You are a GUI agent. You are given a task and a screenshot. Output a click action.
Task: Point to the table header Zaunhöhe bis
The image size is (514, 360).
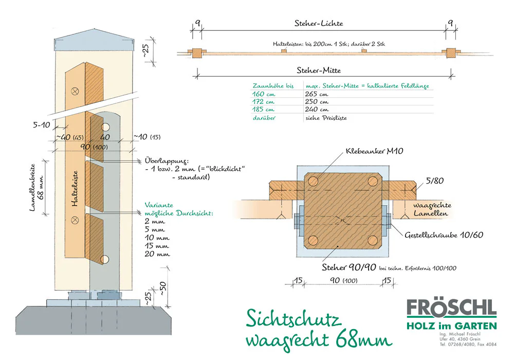[x=272, y=85]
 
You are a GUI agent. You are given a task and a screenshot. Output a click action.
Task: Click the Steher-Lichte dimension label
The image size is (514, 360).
[x=319, y=23]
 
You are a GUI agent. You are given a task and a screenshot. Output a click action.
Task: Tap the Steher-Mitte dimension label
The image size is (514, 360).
[x=319, y=69]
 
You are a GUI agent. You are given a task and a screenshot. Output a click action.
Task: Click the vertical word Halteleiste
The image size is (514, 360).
[x=75, y=189]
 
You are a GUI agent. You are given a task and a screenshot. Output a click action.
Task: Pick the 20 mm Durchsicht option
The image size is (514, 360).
[x=157, y=254]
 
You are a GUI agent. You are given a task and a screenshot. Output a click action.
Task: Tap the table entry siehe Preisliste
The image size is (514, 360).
[x=326, y=118]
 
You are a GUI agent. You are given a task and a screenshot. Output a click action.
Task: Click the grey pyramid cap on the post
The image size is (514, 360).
[x=95, y=44]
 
